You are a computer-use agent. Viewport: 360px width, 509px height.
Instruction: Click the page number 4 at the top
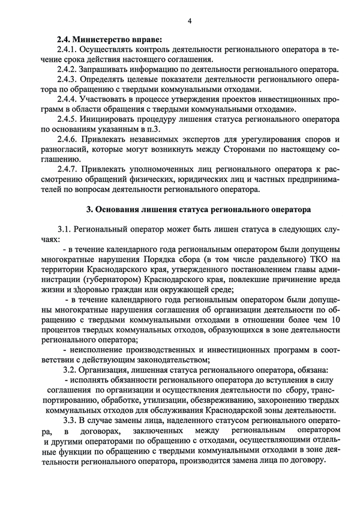[189, 21]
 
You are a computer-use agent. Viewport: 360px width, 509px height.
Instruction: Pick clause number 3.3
[65, 421]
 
